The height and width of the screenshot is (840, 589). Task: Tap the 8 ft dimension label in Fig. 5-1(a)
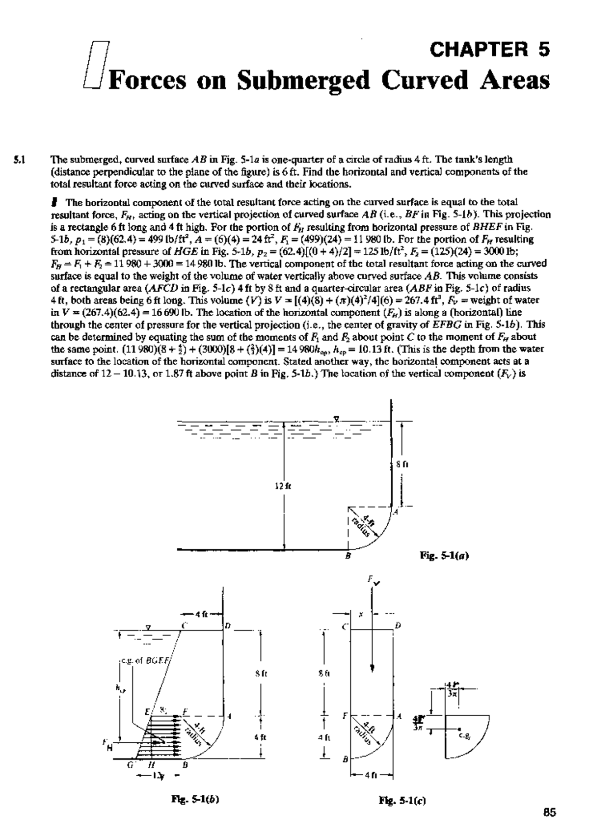[404, 461]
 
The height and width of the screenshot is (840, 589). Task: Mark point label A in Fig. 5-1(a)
[395, 513]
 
